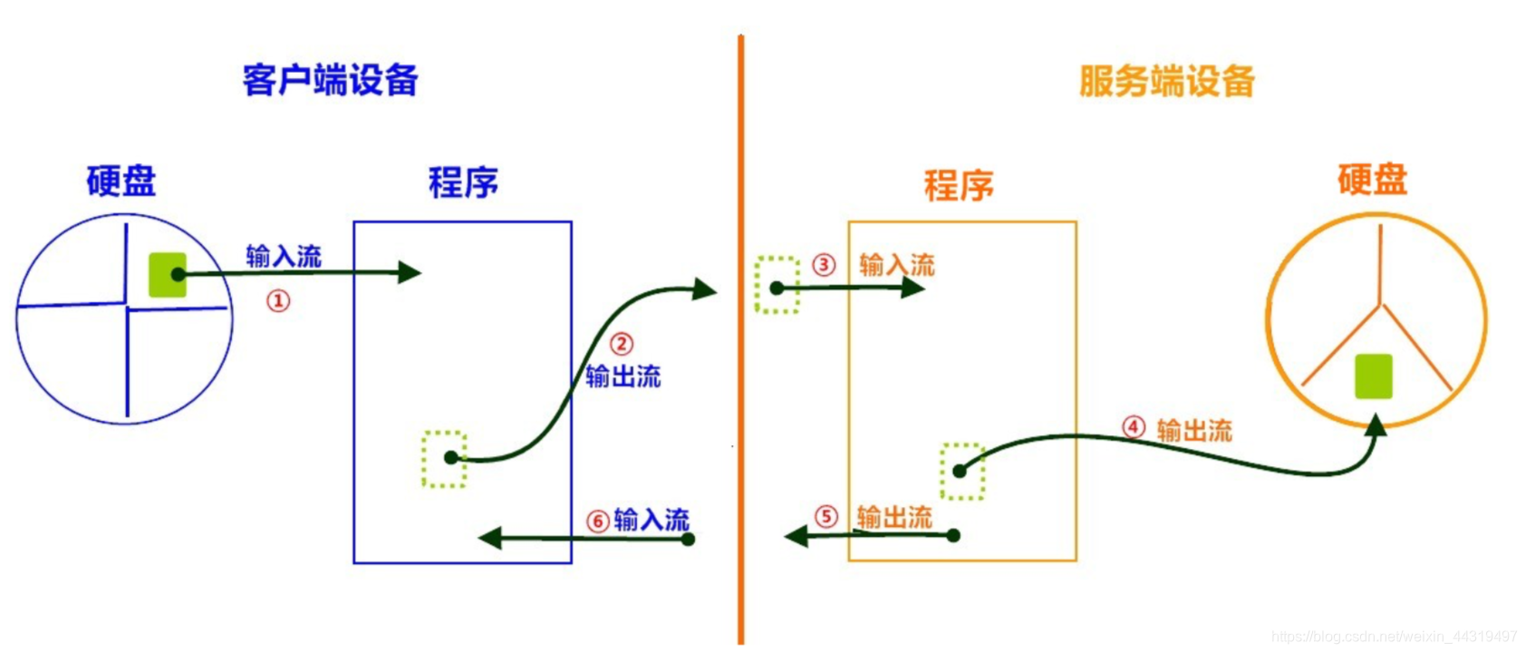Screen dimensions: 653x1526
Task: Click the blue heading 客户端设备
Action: [330, 80]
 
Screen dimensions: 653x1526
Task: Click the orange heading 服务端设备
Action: [1166, 81]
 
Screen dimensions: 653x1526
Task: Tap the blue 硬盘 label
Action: [121, 180]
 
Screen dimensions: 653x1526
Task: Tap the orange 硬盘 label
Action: [1372, 179]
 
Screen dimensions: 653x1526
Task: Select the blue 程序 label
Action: [463, 182]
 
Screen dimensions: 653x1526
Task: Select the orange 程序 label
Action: [959, 185]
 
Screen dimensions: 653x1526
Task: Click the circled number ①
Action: [278, 300]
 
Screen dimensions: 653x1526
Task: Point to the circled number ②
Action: [621, 344]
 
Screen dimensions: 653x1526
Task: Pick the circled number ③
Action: [823, 265]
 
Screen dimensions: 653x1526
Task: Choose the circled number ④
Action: [1133, 427]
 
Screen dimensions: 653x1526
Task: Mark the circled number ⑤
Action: [826, 517]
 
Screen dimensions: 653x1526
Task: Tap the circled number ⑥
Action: [597, 521]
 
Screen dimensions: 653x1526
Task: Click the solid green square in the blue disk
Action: [168, 275]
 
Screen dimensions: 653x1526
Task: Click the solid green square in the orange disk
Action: [1373, 376]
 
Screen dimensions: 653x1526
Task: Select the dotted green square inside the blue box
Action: [444, 459]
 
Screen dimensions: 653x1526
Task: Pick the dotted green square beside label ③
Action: [777, 285]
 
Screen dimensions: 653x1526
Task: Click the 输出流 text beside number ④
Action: [1194, 430]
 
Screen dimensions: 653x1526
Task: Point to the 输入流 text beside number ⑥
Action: [652, 520]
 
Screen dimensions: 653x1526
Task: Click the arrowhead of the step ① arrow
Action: [410, 272]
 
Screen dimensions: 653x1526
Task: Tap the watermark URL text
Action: [1394, 637]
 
